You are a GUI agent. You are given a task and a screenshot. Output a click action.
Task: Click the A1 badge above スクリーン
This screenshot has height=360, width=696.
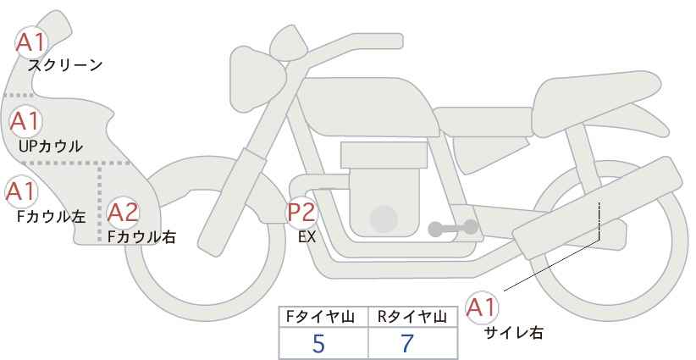[x=31, y=42]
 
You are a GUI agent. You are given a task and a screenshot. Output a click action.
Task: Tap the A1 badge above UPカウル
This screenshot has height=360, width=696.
[x=25, y=121]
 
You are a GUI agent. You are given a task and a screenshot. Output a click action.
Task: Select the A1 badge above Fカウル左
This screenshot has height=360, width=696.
[x=21, y=191]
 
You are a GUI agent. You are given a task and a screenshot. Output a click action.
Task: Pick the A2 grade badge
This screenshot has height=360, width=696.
[x=124, y=213]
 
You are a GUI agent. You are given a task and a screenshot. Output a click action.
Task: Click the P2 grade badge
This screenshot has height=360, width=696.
[x=302, y=212]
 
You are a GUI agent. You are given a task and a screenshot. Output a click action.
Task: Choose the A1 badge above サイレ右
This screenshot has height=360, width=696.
[x=482, y=307]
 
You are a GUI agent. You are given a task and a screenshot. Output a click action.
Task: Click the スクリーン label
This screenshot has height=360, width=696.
[x=65, y=66]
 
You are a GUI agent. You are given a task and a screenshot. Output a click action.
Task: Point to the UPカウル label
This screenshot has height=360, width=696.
[x=51, y=146]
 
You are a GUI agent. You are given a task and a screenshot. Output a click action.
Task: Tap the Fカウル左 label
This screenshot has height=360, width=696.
[x=52, y=217]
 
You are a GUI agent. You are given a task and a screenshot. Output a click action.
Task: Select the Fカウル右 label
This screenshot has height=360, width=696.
[x=142, y=237]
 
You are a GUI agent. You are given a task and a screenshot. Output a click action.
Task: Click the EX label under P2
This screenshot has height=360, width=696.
[x=307, y=237]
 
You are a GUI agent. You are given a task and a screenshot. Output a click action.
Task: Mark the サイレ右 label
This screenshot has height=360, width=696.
[x=514, y=333]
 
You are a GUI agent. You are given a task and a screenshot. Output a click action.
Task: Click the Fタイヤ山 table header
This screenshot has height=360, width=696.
[x=320, y=317]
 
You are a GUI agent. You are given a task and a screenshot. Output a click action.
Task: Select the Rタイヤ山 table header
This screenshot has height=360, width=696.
[x=412, y=317]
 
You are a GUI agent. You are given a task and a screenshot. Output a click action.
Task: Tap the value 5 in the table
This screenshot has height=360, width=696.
[x=318, y=343]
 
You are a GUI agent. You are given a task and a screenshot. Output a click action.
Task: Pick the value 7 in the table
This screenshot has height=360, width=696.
[x=407, y=343]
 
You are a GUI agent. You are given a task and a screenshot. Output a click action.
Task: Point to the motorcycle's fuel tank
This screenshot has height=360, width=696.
[x=364, y=107]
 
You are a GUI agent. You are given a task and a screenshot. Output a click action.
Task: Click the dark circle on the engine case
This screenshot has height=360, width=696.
[x=384, y=219]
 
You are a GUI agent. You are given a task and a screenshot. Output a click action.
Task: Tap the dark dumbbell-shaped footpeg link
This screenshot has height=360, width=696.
[x=453, y=228]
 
